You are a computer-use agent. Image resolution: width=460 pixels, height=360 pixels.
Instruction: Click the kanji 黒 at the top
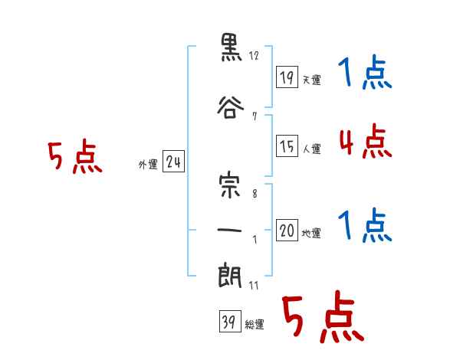(232, 47)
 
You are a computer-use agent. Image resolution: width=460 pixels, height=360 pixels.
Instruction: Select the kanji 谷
(231, 107)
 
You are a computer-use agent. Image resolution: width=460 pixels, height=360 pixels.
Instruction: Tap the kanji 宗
(230, 186)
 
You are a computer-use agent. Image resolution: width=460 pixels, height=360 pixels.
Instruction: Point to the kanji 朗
(230, 276)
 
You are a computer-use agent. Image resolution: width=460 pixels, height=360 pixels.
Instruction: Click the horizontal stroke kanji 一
(230, 230)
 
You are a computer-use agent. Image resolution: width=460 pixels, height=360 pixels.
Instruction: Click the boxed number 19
(287, 77)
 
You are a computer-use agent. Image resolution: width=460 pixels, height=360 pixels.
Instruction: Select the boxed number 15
(287, 146)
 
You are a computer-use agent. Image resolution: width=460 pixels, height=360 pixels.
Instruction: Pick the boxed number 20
(287, 230)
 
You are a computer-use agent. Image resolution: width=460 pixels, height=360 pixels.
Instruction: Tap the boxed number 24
(173, 162)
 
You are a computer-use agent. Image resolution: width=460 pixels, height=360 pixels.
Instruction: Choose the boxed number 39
(230, 321)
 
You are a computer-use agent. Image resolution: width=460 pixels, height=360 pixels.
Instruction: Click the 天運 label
(312, 80)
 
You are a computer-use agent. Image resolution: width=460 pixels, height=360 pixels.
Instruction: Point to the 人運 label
(312, 149)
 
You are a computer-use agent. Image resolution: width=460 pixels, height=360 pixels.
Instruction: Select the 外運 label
(148, 165)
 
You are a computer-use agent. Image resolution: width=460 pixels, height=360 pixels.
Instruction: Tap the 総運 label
(255, 325)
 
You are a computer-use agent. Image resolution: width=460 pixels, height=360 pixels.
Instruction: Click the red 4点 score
(365, 141)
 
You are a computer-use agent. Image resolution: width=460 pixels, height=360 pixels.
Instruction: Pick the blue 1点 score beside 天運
(365, 71)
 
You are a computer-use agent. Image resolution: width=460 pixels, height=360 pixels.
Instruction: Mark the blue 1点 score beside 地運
(365, 225)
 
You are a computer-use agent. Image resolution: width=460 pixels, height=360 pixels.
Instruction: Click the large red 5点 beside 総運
(324, 316)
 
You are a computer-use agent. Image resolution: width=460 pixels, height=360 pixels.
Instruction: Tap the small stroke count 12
(254, 55)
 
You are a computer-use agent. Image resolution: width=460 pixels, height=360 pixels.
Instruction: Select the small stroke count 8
(255, 194)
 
